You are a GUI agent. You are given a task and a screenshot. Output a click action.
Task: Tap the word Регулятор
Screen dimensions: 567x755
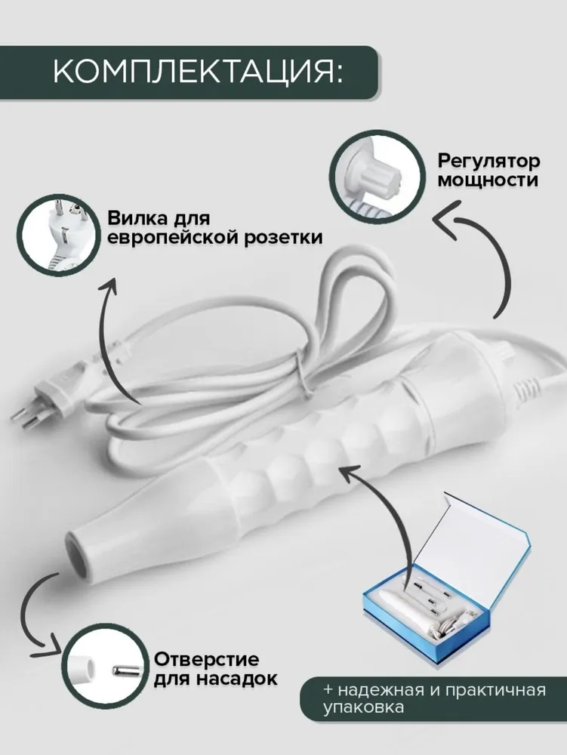click(x=488, y=162)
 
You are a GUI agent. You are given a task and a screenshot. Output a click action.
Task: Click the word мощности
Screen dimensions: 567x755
click(x=488, y=180)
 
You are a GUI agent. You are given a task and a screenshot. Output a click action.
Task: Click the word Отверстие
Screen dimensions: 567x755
click(x=206, y=659)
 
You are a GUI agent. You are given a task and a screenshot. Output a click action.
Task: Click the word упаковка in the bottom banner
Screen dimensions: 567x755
click(x=363, y=709)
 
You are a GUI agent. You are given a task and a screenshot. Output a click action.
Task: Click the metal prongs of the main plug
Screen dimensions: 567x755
click(x=23, y=417)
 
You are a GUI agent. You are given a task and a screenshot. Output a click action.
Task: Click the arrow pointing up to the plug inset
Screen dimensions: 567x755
click(x=107, y=337)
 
